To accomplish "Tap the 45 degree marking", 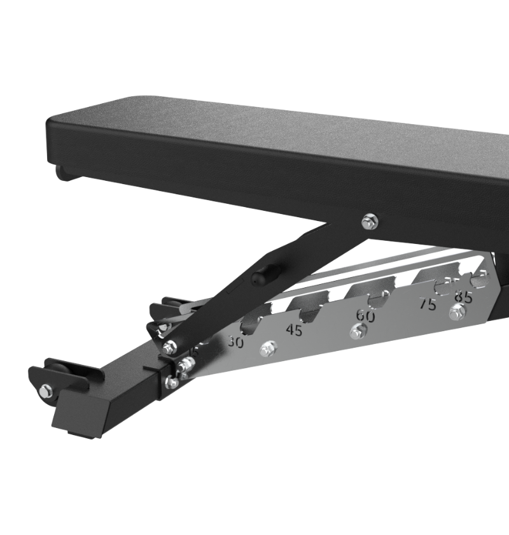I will point(294,330).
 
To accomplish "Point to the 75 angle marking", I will point(428,304).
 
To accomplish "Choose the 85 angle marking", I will point(463,297).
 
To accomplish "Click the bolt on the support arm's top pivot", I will point(369,222).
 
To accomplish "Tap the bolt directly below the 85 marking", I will point(456,313).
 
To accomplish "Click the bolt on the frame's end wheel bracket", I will point(46,390).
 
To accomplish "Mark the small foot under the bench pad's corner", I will point(64,172).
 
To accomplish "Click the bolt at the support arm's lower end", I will point(170,347).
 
